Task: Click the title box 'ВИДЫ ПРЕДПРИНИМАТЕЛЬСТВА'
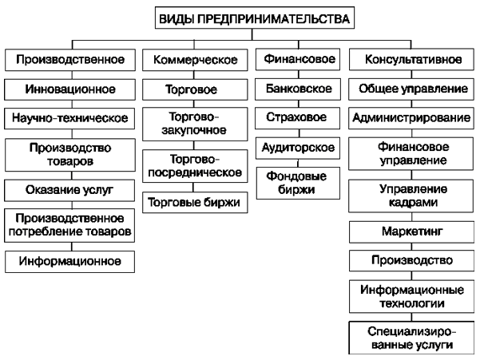coord(255,18)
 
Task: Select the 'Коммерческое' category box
coord(195,60)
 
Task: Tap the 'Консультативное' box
coord(411,59)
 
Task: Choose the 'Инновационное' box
coord(69,89)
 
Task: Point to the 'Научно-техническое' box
coord(69,118)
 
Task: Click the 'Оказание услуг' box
coord(69,190)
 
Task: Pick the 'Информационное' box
coord(69,262)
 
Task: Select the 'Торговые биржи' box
coord(195,203)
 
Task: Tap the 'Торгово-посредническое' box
coord(195,166)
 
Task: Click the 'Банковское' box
coord(298,89)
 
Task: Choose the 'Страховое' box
coord(298,118)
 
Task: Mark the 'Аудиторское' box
coord(298,148)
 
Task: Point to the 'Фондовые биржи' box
coord(298,184)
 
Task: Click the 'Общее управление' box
coord(411,89)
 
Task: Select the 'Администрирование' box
coord(411,118)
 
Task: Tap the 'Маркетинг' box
coord(412,231)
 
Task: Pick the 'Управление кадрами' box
coord(411,196)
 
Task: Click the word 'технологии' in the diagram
coord(412,303)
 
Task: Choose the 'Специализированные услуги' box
coord(411,338)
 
